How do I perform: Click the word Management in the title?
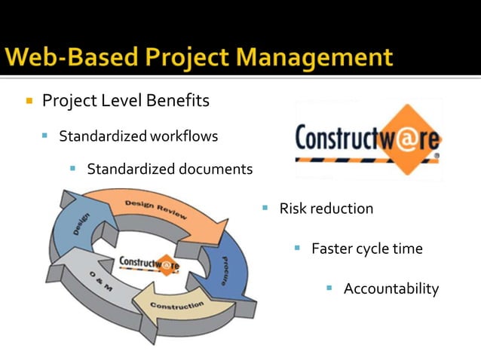(325, 57)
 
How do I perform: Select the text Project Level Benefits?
(126, 100)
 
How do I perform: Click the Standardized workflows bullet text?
(138, 136)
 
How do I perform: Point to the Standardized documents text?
(170, 169)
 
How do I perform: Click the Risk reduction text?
(326, 209)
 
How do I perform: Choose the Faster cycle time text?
(366, 249)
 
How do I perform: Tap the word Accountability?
(391, 288)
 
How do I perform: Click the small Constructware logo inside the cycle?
(149, 264)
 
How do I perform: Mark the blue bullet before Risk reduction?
(265, 207)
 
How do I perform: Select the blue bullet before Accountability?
(329, 288)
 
